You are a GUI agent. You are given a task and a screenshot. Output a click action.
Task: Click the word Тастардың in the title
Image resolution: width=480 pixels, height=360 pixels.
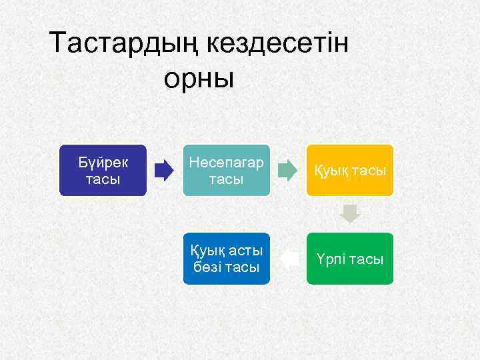124,44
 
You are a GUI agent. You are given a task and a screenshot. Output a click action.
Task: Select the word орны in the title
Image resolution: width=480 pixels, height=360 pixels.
199,78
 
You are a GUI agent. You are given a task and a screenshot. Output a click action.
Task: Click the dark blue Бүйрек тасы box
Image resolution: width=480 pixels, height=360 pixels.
103,170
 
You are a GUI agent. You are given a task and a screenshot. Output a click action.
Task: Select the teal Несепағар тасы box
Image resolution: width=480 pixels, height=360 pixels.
227,170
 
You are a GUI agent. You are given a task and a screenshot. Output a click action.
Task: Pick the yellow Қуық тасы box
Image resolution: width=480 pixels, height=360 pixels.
350,170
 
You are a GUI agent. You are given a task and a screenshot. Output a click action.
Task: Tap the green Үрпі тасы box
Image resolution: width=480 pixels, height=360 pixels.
350,259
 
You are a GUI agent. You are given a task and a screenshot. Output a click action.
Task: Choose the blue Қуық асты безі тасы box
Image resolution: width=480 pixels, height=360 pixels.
227,259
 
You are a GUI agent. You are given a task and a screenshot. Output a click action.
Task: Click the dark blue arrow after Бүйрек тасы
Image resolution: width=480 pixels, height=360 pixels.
164,171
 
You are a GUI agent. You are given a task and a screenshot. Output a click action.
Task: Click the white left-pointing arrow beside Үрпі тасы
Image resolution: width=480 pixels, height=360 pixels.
288,259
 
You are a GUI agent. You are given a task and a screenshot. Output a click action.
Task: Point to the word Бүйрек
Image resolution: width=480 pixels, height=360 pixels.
103,162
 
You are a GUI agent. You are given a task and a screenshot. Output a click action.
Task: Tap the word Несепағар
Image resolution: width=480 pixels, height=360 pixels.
227,163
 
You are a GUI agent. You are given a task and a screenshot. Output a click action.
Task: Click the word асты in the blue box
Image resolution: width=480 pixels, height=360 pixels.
244,251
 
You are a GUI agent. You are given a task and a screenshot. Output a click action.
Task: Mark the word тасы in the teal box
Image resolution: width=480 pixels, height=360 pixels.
227,179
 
